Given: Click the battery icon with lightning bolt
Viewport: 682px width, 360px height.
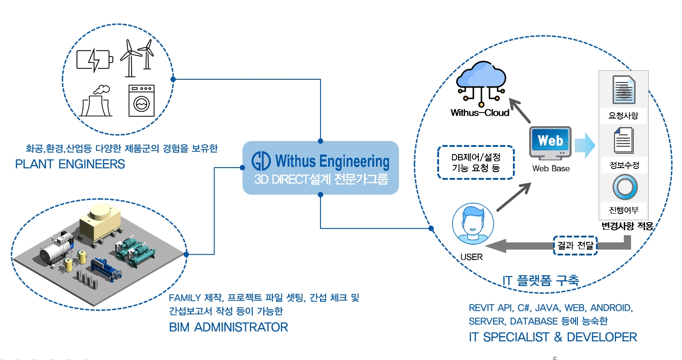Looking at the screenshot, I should point(93,59).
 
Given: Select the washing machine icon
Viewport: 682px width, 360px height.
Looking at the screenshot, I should point(141,100).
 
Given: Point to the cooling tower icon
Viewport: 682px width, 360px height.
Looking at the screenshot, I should point(96,101).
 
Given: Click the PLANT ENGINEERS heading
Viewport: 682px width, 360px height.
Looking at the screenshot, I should point(70,164).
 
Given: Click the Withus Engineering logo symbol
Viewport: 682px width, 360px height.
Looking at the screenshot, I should point(261,161).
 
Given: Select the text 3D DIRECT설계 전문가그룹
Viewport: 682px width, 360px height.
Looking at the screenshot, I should point(321,179).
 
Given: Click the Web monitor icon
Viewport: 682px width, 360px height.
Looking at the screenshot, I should point(550,143).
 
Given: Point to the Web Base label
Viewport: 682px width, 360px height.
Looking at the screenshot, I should point(551,169).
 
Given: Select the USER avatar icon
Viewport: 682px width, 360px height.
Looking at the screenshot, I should point(472,224).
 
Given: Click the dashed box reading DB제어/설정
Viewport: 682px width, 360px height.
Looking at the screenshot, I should point(476,163).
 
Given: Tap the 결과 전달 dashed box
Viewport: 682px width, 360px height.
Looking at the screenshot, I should point(575,246).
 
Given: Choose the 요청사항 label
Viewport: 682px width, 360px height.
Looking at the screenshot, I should point(623,115).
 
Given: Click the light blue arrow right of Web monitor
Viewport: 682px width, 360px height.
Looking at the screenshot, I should point(585,146).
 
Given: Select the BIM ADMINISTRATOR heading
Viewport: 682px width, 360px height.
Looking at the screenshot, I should point(228,327).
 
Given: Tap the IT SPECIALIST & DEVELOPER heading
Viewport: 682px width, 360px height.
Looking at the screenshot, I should point(553,337).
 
